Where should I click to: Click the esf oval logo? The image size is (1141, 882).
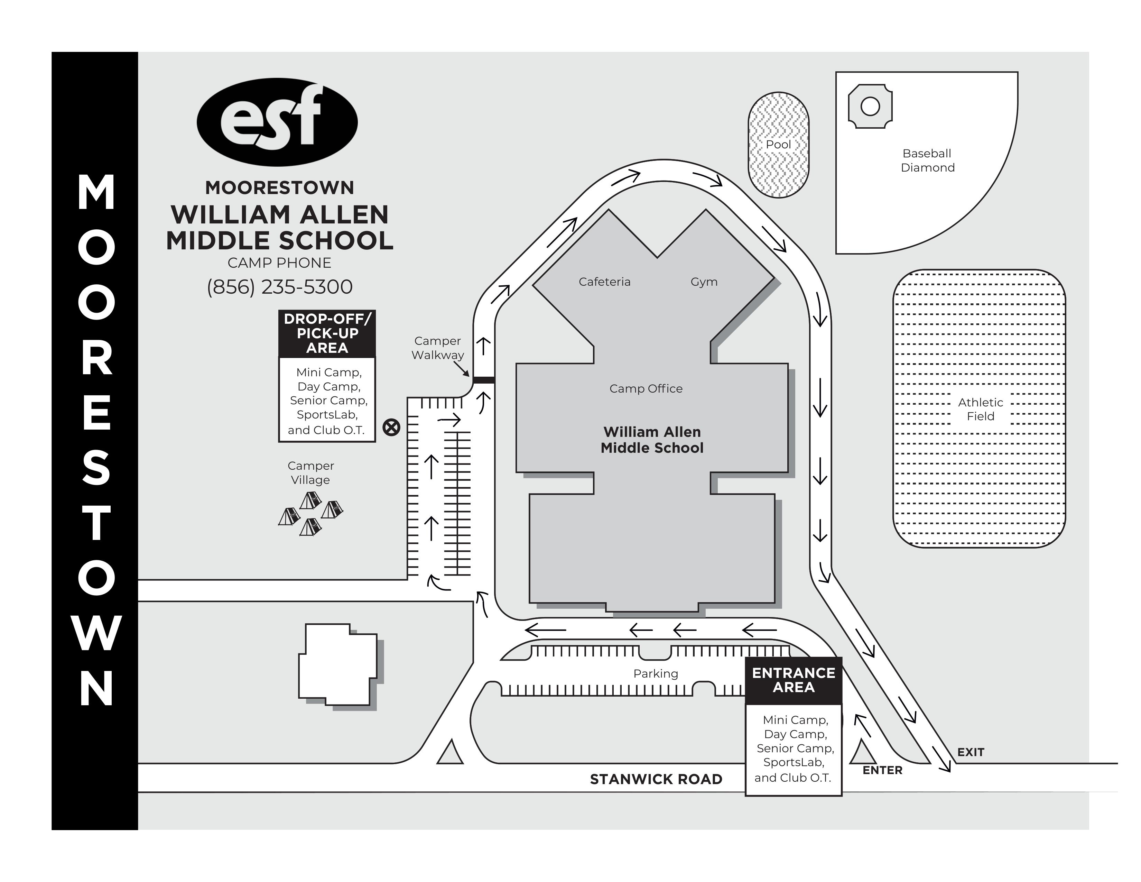[x=277, y=122]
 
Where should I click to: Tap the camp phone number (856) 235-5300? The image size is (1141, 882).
[x=279, y=287]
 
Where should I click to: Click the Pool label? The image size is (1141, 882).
[x=778, y=144]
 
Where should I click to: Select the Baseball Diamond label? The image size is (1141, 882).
[x=927, y=160]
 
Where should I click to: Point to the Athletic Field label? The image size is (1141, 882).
[x=980, y=409]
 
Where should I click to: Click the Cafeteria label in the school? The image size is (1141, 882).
[x=604, y=282]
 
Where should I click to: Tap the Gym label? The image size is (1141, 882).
[x=704, y=282]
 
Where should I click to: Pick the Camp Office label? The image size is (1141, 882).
[x=646, y=388]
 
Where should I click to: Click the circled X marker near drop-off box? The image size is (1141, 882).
[x=391, y=428]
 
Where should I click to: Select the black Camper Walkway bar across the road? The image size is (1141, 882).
[x=484, y=380]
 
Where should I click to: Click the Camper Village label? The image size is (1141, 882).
[x=310, y=472]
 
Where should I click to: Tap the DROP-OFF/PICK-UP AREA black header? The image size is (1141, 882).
[x=327, y=333]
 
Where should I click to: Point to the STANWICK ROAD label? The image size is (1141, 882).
[x=656, y=779]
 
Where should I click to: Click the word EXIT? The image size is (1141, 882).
[x=970, y=752]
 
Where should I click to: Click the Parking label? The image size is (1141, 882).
[x=655, y=673]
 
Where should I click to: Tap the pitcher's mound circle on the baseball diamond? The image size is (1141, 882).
[x=870, y=107]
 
